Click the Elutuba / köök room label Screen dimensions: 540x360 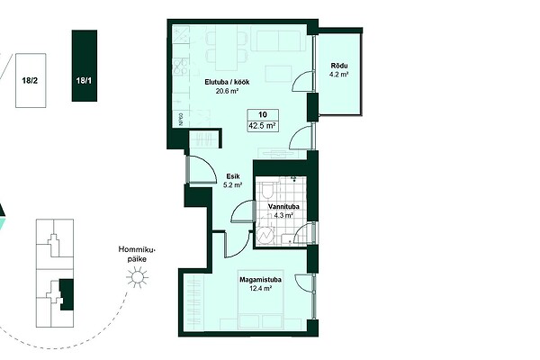pyautogui.click(x=227, y=82)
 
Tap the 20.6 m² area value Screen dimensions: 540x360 pyautogui.click(x=228, y=91)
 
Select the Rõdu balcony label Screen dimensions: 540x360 pyautogui.click(x=339, y=66)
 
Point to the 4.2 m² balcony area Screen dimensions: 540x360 pyautogui.click(x=339, y=74)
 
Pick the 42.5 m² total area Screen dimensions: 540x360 pyautogui.click(x=263, y=126)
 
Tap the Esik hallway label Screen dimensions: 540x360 pyautogui.click(x=233, y=176)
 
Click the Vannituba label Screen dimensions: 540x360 pyautogui.click(x=283, y=207)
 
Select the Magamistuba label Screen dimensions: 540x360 pyautogui.click(x=260, y=280)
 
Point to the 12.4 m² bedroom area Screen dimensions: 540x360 pyautogui.click(x=260, y=288)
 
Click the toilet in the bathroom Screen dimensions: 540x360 pyautogui.click(x=267, y=190)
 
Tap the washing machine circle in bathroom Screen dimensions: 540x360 pyautogui.click(x=265, y=236)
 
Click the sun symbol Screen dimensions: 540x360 pyautogui.click(x=137, y=277)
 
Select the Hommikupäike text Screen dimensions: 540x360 pyautogui.click(x=137, y=254)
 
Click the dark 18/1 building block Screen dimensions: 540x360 pyautogui.click(x=85, y=66)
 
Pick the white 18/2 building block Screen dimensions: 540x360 pyautogui.click(x=31, y=80)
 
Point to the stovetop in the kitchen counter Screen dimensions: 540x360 pyautogui.click(x=180, y=67)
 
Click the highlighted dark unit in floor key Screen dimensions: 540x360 pyautogui.click(x=67, y=295)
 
